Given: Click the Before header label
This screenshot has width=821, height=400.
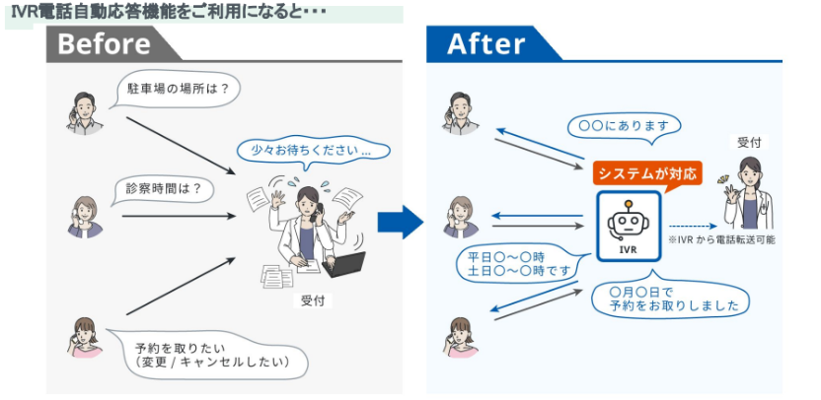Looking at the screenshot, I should (x=104, y=44).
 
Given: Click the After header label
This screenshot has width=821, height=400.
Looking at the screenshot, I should (x=485, y=44).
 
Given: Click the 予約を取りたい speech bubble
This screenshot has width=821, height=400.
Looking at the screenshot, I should (x=210, y=354).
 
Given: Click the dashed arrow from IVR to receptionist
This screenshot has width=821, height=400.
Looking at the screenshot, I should (x=688, y=224).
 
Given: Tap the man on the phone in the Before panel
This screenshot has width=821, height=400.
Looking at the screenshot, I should (x=84, y=110).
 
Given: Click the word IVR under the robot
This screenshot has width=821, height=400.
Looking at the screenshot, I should (x=628, y=249).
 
